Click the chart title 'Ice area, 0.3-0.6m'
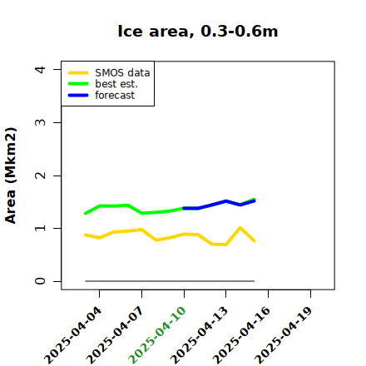[198, 31]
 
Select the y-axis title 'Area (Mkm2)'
[11, 176]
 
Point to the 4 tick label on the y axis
[40, 69]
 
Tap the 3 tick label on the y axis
[40, 122]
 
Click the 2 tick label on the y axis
[40, 176]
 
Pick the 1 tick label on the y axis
[40, 228]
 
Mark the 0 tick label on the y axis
[40, 281]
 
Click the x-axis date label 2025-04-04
[73, 335]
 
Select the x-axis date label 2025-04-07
[115, 335]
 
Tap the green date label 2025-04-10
[157, 335]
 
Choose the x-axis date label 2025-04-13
[200, 335]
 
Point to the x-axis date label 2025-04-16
[241, 335]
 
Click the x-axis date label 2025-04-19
[284, 335]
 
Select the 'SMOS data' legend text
[122, 73]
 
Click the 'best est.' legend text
[116, 84]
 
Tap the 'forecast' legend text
[115, 95]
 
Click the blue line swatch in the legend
[78, 96]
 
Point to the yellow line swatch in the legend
[78, 73]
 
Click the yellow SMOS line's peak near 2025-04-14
[240, 228]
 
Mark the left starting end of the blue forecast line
[184, 208]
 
